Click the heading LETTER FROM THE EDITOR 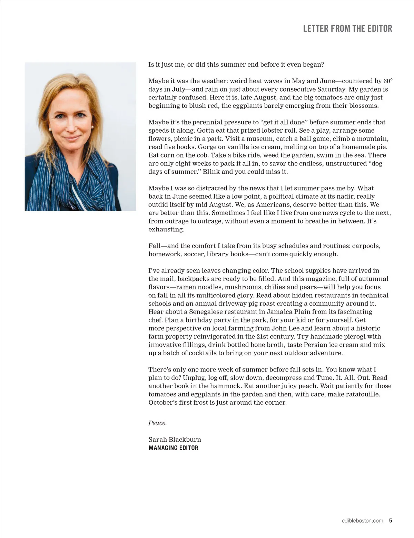347,28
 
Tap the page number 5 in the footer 391,520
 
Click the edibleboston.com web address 361,521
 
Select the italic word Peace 157,423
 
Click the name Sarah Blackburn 175,440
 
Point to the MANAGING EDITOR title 173,448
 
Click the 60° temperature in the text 388,81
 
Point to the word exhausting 166,230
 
